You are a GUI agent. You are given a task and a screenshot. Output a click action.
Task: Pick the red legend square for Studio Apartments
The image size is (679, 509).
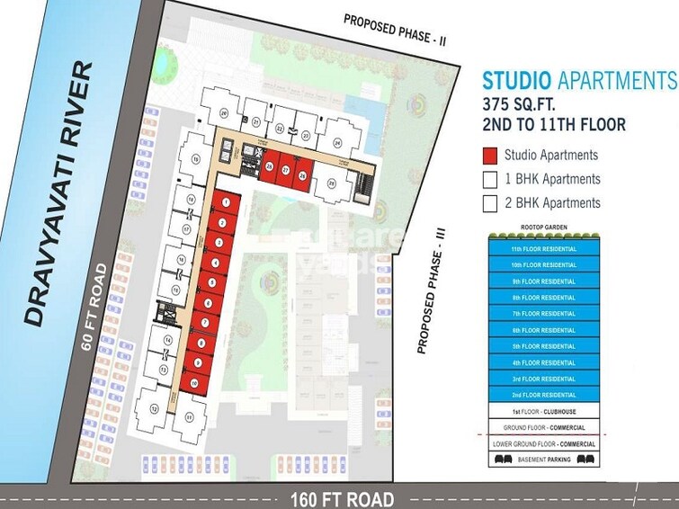pos(490,155)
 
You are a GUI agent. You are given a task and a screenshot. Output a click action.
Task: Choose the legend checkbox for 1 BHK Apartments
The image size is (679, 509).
pos(490,179)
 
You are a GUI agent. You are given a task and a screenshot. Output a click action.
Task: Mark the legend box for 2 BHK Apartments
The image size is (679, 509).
pos(490,203)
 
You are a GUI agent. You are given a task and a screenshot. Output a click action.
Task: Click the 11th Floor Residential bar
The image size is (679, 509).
pos(542,248)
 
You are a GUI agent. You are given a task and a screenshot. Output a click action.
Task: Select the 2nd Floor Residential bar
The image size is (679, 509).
pos(542,395)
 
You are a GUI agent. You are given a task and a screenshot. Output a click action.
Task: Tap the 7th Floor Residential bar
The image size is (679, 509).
pos(542,313)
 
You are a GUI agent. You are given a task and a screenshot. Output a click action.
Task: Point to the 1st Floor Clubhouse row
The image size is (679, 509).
pos(542,411)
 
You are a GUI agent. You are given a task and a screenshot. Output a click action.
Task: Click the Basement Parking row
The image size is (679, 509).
pos(542,459)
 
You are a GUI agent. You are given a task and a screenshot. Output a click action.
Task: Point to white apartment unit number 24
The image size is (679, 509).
pos(337,142)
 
